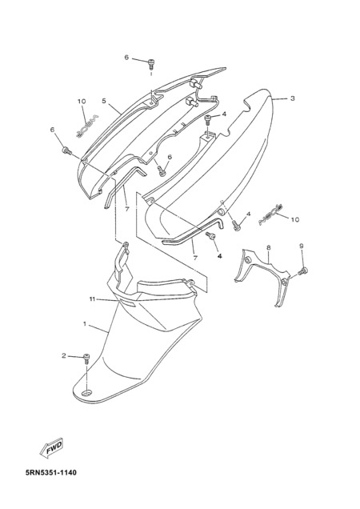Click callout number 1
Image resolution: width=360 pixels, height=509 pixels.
coord(85,323)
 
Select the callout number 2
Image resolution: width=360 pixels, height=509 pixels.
coord(64,356)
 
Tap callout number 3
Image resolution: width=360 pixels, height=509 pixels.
coord(293,98)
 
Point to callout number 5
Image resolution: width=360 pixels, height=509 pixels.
coord(104,101)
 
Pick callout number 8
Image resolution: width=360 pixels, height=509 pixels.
coord(269,247)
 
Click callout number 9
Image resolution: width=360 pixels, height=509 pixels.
coord(302,246)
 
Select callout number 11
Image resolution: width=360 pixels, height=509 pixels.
coord(93,299)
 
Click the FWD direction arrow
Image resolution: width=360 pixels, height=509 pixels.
coord(52,448)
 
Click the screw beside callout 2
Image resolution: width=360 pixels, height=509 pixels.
coord(86,358)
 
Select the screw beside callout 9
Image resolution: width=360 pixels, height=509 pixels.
coord(302,271)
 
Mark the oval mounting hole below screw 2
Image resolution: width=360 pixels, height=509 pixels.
coord(86,394)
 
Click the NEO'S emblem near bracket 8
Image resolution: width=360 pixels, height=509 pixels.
coord(270,214)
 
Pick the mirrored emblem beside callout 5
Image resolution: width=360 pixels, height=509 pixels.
coord(86,126)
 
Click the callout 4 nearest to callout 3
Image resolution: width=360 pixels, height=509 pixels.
coord(224,114)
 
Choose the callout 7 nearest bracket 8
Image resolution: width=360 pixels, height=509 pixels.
coord(195,258)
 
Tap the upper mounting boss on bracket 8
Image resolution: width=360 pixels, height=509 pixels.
coord(247,260)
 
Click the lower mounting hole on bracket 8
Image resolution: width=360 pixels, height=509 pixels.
coord(284,283)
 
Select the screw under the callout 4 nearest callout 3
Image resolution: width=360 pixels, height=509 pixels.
coord(208,119)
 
